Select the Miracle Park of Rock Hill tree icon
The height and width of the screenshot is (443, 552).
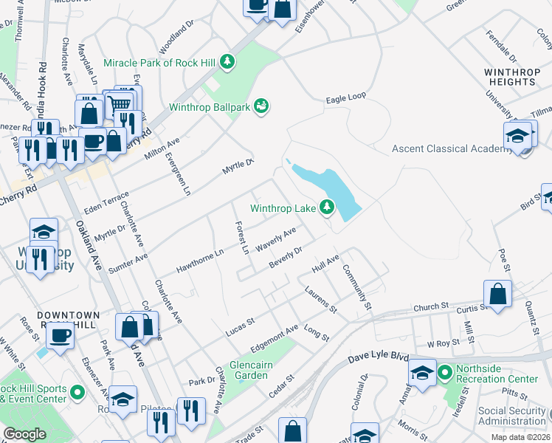(229, 62)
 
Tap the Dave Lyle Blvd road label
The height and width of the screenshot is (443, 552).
(378, 357)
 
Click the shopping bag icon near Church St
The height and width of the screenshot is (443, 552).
(498, 292)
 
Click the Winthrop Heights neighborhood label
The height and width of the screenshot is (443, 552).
(509, 77)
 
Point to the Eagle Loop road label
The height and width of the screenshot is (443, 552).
(346, 97)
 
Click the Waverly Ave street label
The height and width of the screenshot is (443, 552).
(276, 239)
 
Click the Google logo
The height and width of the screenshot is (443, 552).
(24, 434)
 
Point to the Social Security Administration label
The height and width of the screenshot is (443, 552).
(511, 416)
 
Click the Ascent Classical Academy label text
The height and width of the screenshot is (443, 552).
(451, 148)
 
